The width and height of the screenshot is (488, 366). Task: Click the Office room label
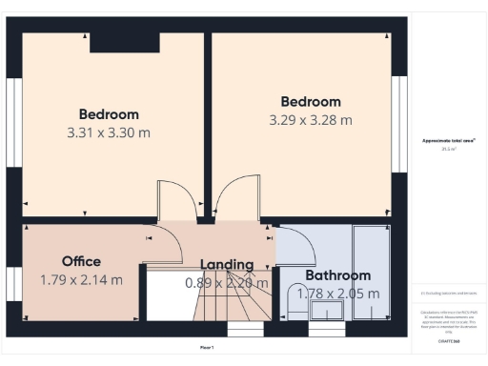coord(81,261)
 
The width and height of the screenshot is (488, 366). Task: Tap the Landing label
coord(227,264)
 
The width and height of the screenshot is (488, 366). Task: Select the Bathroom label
coord(337,275)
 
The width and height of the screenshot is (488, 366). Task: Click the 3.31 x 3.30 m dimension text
coord(109,134)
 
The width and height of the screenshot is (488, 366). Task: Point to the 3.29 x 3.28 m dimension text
coord(311,121)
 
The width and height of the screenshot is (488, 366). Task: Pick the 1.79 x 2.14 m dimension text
coord(81,280)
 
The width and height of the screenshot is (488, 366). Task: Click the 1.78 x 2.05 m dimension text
coord(338,294)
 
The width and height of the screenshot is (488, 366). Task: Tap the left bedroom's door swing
coord(175,200)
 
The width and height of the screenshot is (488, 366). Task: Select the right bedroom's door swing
coord(234,197)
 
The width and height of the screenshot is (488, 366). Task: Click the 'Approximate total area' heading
coord(448,141)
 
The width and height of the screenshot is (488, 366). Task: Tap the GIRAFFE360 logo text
coord(449,339)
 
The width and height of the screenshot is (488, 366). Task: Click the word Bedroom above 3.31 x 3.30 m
coord(109,115)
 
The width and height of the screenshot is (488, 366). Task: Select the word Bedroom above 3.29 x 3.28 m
coord(311,102)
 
